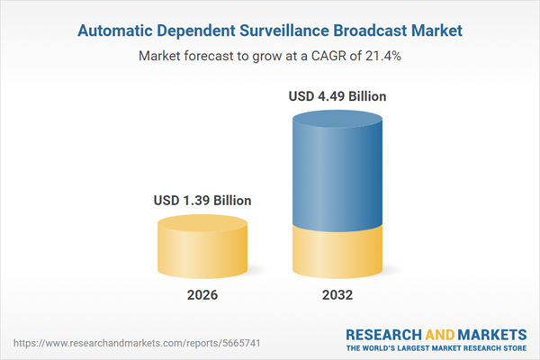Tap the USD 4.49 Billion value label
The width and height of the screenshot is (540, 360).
339,95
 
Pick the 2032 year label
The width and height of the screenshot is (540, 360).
339,295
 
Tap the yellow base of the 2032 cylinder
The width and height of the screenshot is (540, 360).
339,252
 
